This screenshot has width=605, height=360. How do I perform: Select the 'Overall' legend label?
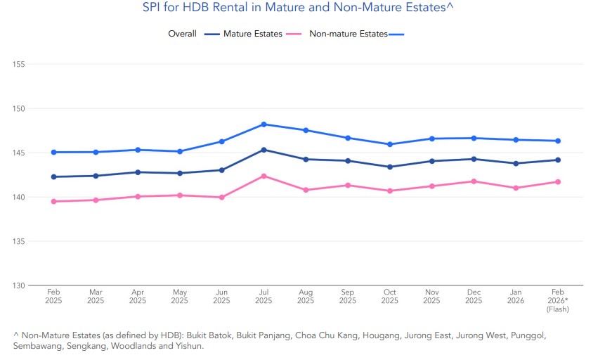(182, 34)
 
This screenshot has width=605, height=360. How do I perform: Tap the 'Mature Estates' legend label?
(253, 34)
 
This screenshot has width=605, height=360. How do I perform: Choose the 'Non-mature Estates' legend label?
(349, 34)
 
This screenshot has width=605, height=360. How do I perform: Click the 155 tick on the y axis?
(19, 65)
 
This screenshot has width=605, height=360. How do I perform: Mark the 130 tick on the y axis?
(19, 285)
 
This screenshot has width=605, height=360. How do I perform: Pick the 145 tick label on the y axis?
(19, 153)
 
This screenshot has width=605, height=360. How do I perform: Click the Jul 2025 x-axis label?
(264, 296)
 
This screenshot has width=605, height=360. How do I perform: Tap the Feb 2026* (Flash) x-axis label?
(558, 300)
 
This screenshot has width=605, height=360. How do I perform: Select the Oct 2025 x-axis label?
(390, 296)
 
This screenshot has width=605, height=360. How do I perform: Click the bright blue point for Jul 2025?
(264, 124)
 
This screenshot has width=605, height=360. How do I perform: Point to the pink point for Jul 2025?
(264, 176)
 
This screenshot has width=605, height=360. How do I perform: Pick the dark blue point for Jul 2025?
(264, 150)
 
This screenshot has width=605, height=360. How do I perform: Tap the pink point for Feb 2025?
(53, 202)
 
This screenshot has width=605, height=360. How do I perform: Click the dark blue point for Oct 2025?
(390, 167)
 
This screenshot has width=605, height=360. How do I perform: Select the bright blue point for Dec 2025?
(474, 138)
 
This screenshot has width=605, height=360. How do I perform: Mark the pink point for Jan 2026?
(516, 188)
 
